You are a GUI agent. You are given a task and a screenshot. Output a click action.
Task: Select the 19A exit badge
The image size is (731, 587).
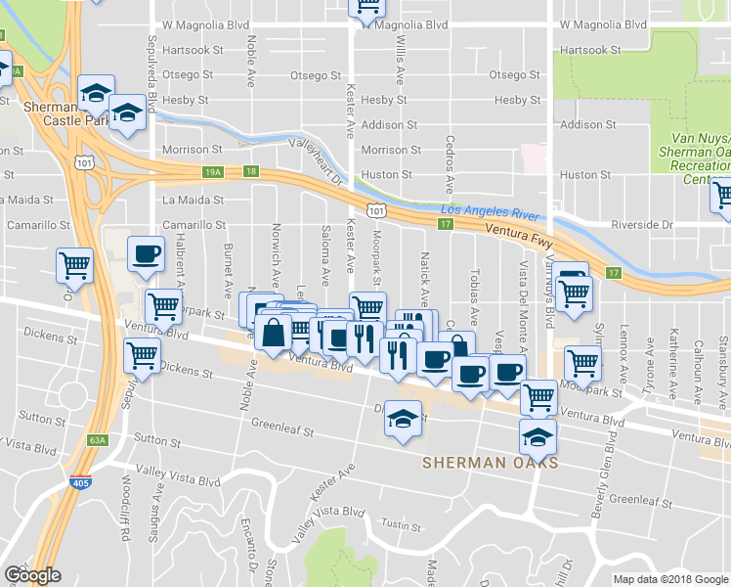(x=213, y=171)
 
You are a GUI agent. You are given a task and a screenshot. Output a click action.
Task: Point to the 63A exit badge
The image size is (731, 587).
(x=96, y=440)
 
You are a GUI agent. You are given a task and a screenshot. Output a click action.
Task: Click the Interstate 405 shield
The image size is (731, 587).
(x=82, y=482)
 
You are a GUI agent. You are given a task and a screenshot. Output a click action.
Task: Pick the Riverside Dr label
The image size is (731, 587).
(x=642, y=224)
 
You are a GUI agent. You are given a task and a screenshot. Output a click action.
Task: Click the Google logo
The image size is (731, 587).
(x=32, y=575)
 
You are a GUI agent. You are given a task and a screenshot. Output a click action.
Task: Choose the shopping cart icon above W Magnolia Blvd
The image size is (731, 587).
(x=367, y=7)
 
